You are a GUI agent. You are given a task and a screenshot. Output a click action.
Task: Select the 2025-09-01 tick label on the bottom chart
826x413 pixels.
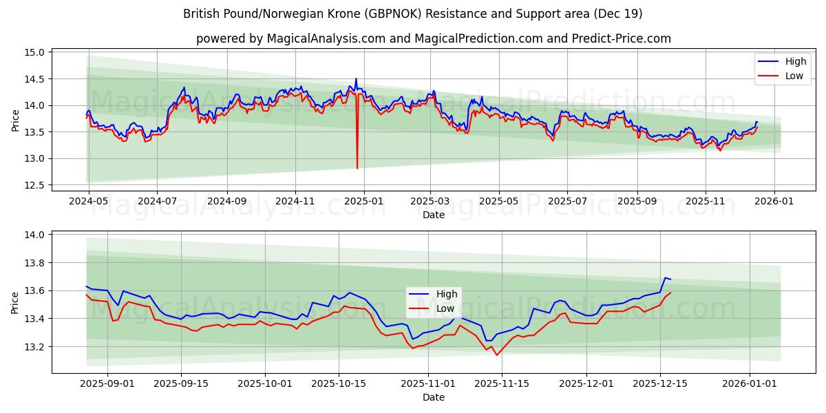[x=107, y=383]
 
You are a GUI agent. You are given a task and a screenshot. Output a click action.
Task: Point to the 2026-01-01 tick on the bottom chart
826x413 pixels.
[x=749, y=383]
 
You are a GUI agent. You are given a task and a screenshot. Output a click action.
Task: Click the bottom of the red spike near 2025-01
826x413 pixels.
[x=357, y=168]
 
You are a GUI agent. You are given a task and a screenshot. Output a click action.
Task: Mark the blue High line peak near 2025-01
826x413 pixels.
[x=356, y=79]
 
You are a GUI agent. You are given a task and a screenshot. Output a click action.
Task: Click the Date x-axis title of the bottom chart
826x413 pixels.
[x=434, y=397]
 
